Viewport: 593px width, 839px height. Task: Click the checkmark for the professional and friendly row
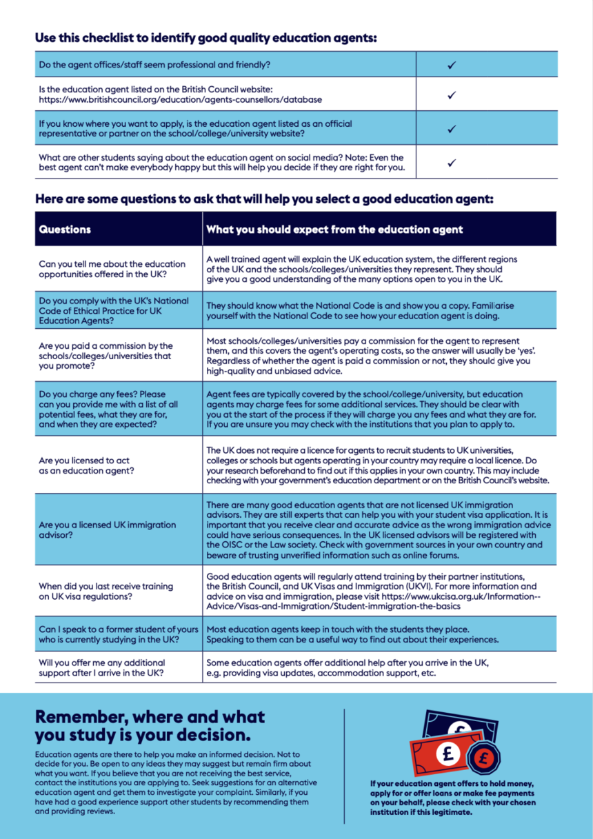(x=452, y=65)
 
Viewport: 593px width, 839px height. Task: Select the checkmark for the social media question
(x=452, y=163)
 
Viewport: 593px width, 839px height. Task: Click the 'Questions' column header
(x=66, y=230)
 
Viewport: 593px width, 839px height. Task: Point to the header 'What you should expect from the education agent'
(x=334, y=230)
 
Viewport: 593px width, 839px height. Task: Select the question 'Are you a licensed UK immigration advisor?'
(x=108, y=530)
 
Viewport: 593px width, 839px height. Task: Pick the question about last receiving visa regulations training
(x=105, y=592)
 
